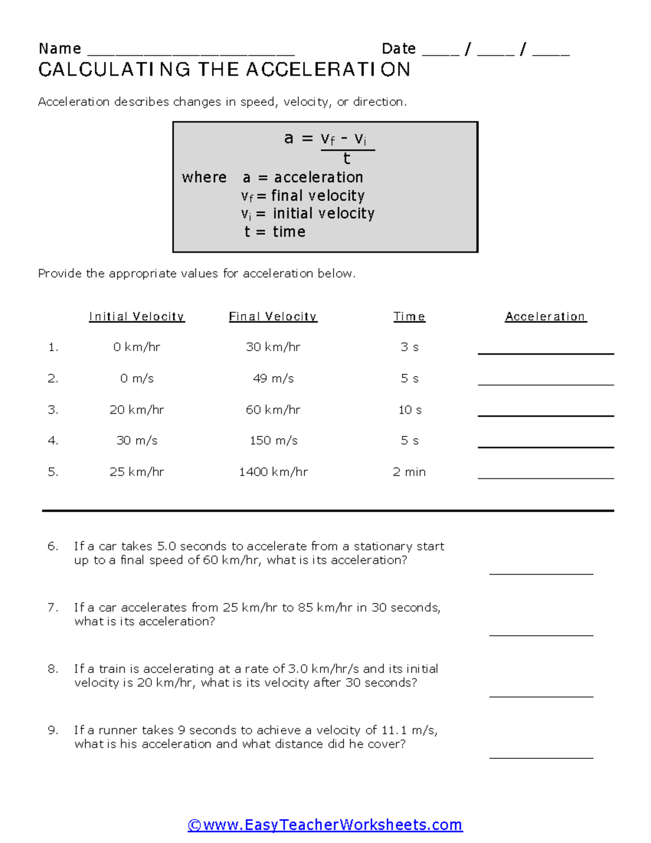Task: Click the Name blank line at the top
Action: [x=190, y=53]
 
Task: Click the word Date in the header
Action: [x=399, y=49]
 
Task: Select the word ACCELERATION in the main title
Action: [x=328, y=70]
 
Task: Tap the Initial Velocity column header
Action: [x=137, y=316]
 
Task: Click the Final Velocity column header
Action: [x=273, y=316]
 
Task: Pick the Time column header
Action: [x=409, y=316]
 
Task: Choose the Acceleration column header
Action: [x=545, y=316]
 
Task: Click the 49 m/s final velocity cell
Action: [x=273, y=378]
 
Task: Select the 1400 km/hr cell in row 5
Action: [x=273, y=472]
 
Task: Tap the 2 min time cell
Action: [x=409, y=472]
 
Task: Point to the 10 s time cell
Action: [x=410, y=410]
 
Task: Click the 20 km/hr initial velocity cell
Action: [x=137, y=410]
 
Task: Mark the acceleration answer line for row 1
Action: [x=545, y=353]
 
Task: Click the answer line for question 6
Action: [x=541, y=573]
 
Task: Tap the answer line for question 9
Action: [x=541, y=757]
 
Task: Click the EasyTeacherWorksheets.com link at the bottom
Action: [x=325, y=825]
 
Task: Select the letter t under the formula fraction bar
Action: [x=347, y=159]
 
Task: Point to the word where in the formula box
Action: [x=204, y=178]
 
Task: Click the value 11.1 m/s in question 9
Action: [x=409, y=730]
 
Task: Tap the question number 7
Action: [x=53, y=607]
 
